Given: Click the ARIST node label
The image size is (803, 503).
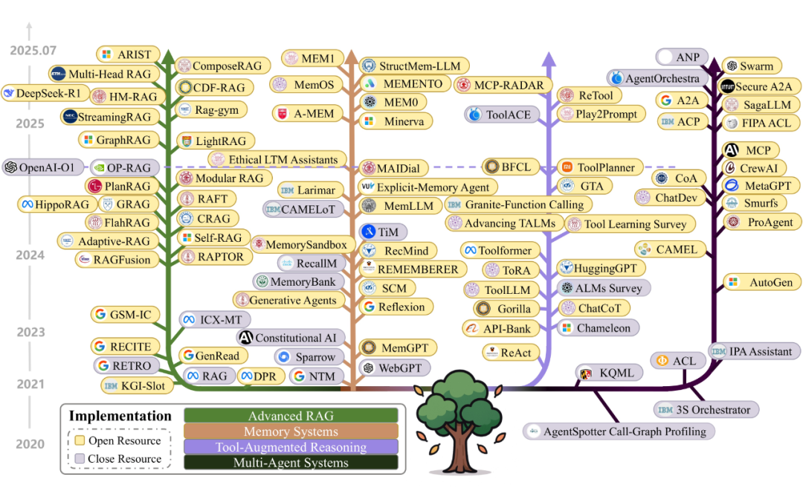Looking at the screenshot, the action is coord(134,54).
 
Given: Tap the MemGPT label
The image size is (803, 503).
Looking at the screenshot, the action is coord(404,348).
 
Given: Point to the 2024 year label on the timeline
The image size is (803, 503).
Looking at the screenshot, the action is coord(30,255).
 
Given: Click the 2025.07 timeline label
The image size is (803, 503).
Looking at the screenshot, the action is coord(33,51).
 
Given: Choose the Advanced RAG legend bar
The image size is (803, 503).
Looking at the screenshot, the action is coord(291,415).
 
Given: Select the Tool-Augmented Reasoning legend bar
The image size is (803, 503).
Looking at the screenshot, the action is coord(291,446).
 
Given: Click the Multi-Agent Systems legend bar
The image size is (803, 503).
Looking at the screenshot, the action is coord(291,462).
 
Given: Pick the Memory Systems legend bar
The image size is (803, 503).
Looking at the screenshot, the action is coord(291,432).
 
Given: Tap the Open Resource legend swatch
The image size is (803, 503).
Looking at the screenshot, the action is coord(80,440).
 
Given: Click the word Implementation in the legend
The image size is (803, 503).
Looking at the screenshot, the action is coord(120,416).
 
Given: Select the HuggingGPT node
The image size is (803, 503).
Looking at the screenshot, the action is coord(601,268).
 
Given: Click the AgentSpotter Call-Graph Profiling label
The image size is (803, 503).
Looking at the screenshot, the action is coord(625,432).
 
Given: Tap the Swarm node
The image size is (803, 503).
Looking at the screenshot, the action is coord(752,66).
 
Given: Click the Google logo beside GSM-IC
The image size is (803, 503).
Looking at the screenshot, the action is coord(100,314).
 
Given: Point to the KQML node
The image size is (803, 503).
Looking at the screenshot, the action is coord(610,374).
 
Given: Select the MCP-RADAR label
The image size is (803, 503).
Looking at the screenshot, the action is coord(509,85).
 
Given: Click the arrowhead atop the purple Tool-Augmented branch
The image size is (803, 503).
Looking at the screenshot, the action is coord(549,58).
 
